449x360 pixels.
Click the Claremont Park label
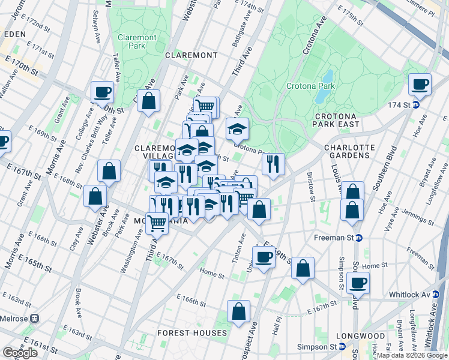point(137,41)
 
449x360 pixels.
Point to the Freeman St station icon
point(359,238)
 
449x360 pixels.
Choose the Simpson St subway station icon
point(342,346)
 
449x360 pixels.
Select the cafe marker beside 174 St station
point(420,84)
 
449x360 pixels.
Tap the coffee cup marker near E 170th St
point(102,92)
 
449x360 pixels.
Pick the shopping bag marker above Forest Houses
point(238,311)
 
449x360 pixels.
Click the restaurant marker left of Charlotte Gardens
point(273,164)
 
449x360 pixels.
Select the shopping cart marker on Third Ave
point(157,223)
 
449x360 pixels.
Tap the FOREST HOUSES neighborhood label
point(192,332)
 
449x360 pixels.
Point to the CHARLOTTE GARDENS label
point(349,151)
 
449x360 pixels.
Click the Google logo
point(20,353)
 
